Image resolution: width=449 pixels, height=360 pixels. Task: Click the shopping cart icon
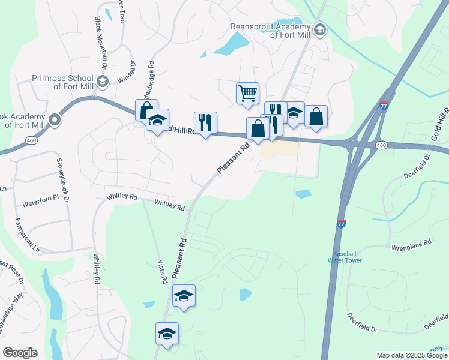point(247,94)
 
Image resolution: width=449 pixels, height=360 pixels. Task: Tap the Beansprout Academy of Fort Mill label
point(270,31)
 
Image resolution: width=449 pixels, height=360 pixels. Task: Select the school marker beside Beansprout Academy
point(320,29)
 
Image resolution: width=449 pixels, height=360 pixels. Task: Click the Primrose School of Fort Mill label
point(63,82)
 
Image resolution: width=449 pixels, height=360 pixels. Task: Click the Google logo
point(20,352)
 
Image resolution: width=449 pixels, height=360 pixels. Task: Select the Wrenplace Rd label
point(412,243)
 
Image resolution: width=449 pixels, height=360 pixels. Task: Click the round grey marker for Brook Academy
point(55,119)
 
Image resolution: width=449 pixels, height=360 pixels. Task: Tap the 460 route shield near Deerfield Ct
point(381,145)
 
